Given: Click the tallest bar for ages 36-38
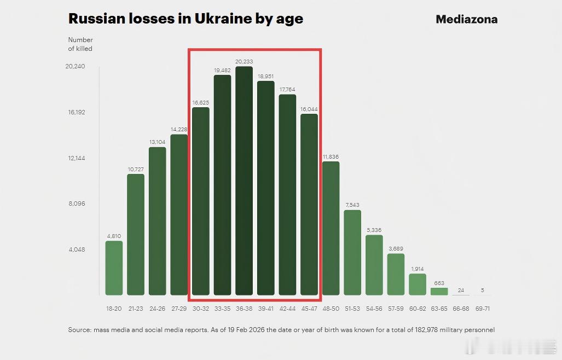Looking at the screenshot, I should (x=244, y=181).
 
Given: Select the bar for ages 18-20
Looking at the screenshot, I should (x=114, y=268).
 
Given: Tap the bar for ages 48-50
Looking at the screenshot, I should (x=331, y=228).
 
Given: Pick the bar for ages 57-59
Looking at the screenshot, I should (x=396, y=274).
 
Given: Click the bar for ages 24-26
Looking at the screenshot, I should (x=157, y=221).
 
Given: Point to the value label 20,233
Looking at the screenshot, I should (x=244, y=62).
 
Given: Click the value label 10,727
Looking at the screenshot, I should (x=136, y=170).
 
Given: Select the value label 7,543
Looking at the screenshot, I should (x=352, y=205).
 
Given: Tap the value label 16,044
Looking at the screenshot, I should (x=309, y=109).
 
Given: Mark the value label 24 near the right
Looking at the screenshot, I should (x=461, y=290).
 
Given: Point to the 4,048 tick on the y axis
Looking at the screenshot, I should (x=77, y=249).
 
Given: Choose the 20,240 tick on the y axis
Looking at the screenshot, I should (x=75, y=67).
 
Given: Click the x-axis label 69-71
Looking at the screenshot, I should (x=482, y=309).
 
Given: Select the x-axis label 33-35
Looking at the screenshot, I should (x=222, y=309).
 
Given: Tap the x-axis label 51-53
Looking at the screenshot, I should (x=352, y=309).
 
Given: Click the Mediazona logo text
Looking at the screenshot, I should (x=466, y=19).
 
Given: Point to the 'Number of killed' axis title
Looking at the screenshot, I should (x=80, y=44).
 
